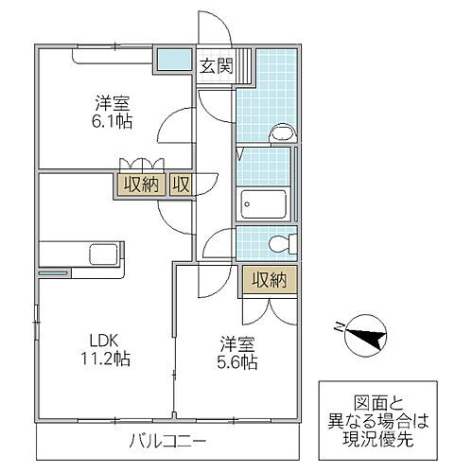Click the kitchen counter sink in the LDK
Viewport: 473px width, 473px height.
pos(101,254)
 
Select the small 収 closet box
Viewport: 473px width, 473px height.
pos(182,184)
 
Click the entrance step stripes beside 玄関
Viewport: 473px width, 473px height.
pos(243,66)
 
